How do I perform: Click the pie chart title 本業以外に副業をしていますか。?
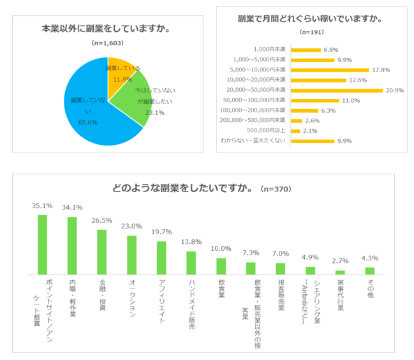[105, 29]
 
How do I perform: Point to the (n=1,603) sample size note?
[108, 43]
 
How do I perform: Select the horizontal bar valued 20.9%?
[337, 90]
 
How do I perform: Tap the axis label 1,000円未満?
[269, 49]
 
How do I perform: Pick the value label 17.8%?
[381, 70]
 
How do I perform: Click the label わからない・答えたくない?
[254, 141]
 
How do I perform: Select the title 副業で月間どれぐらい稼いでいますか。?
[309, 19]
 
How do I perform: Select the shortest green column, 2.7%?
[340, 272]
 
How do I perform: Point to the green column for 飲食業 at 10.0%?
[221, 266]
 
